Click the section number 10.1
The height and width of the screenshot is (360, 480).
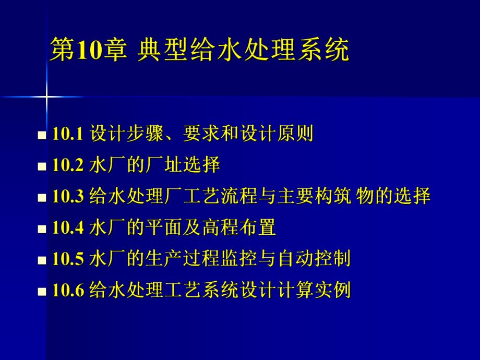point(68,135)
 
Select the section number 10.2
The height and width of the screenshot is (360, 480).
point(68,166)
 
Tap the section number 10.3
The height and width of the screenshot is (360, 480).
point(68,197)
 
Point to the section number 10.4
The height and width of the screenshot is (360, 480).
point(68,228)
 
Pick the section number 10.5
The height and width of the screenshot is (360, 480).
point(68,259)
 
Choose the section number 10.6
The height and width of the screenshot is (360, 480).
point(68,290)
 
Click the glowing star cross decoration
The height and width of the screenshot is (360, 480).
point(46,97)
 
